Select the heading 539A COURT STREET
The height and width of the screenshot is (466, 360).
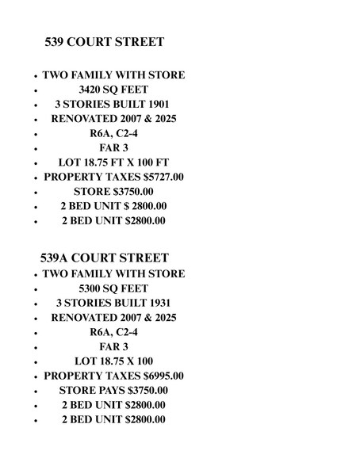click(x=104, y=258)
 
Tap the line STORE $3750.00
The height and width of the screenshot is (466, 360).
click(x=113, y=192)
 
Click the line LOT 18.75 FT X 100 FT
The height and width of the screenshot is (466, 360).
click(x=113, y=162)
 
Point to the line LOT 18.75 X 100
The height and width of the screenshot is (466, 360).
click(x=113, y=361)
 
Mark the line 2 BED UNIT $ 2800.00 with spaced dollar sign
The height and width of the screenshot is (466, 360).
click(x=113, y=206)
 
